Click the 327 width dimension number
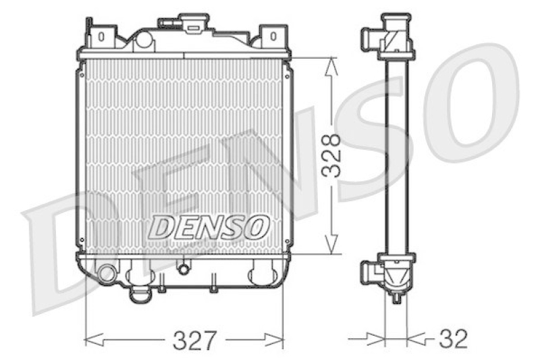[x=195, y=340]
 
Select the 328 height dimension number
[x=331, y=156]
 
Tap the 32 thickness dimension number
[x=453, y=338]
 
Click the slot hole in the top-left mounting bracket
[x=101, y=36]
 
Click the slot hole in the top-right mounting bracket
[x=273, y=36]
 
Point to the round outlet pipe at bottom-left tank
[x=106, y=274]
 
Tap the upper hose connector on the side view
[x=370, y=37]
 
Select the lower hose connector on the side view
[x=370, y=274]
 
